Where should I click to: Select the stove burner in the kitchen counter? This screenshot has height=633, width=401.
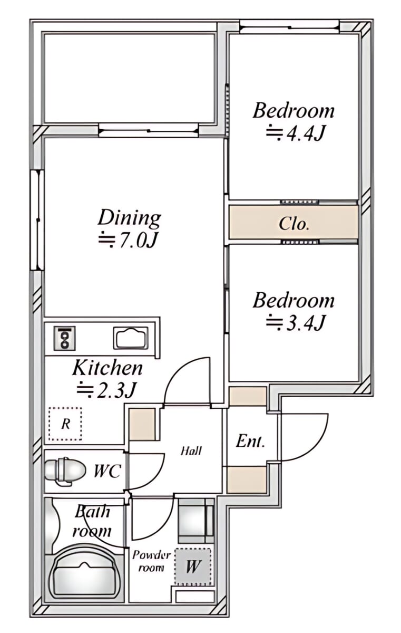pyautogui.click(x=65, y=338)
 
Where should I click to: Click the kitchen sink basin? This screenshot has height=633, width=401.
pyautogui.click(x=131, y=338)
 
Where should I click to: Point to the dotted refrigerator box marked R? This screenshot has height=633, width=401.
pyautogui.click(x=65, y=424)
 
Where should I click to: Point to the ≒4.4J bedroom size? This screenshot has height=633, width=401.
pyautogui.click(x=295, y=133)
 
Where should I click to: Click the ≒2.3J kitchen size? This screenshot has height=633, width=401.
pyautogui.click(x=106, y=390)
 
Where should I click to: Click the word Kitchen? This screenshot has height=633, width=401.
pyautogui.click(x=107, y=368)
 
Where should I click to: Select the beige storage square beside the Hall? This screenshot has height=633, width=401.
pyautogui.click(x=142, y=424)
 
